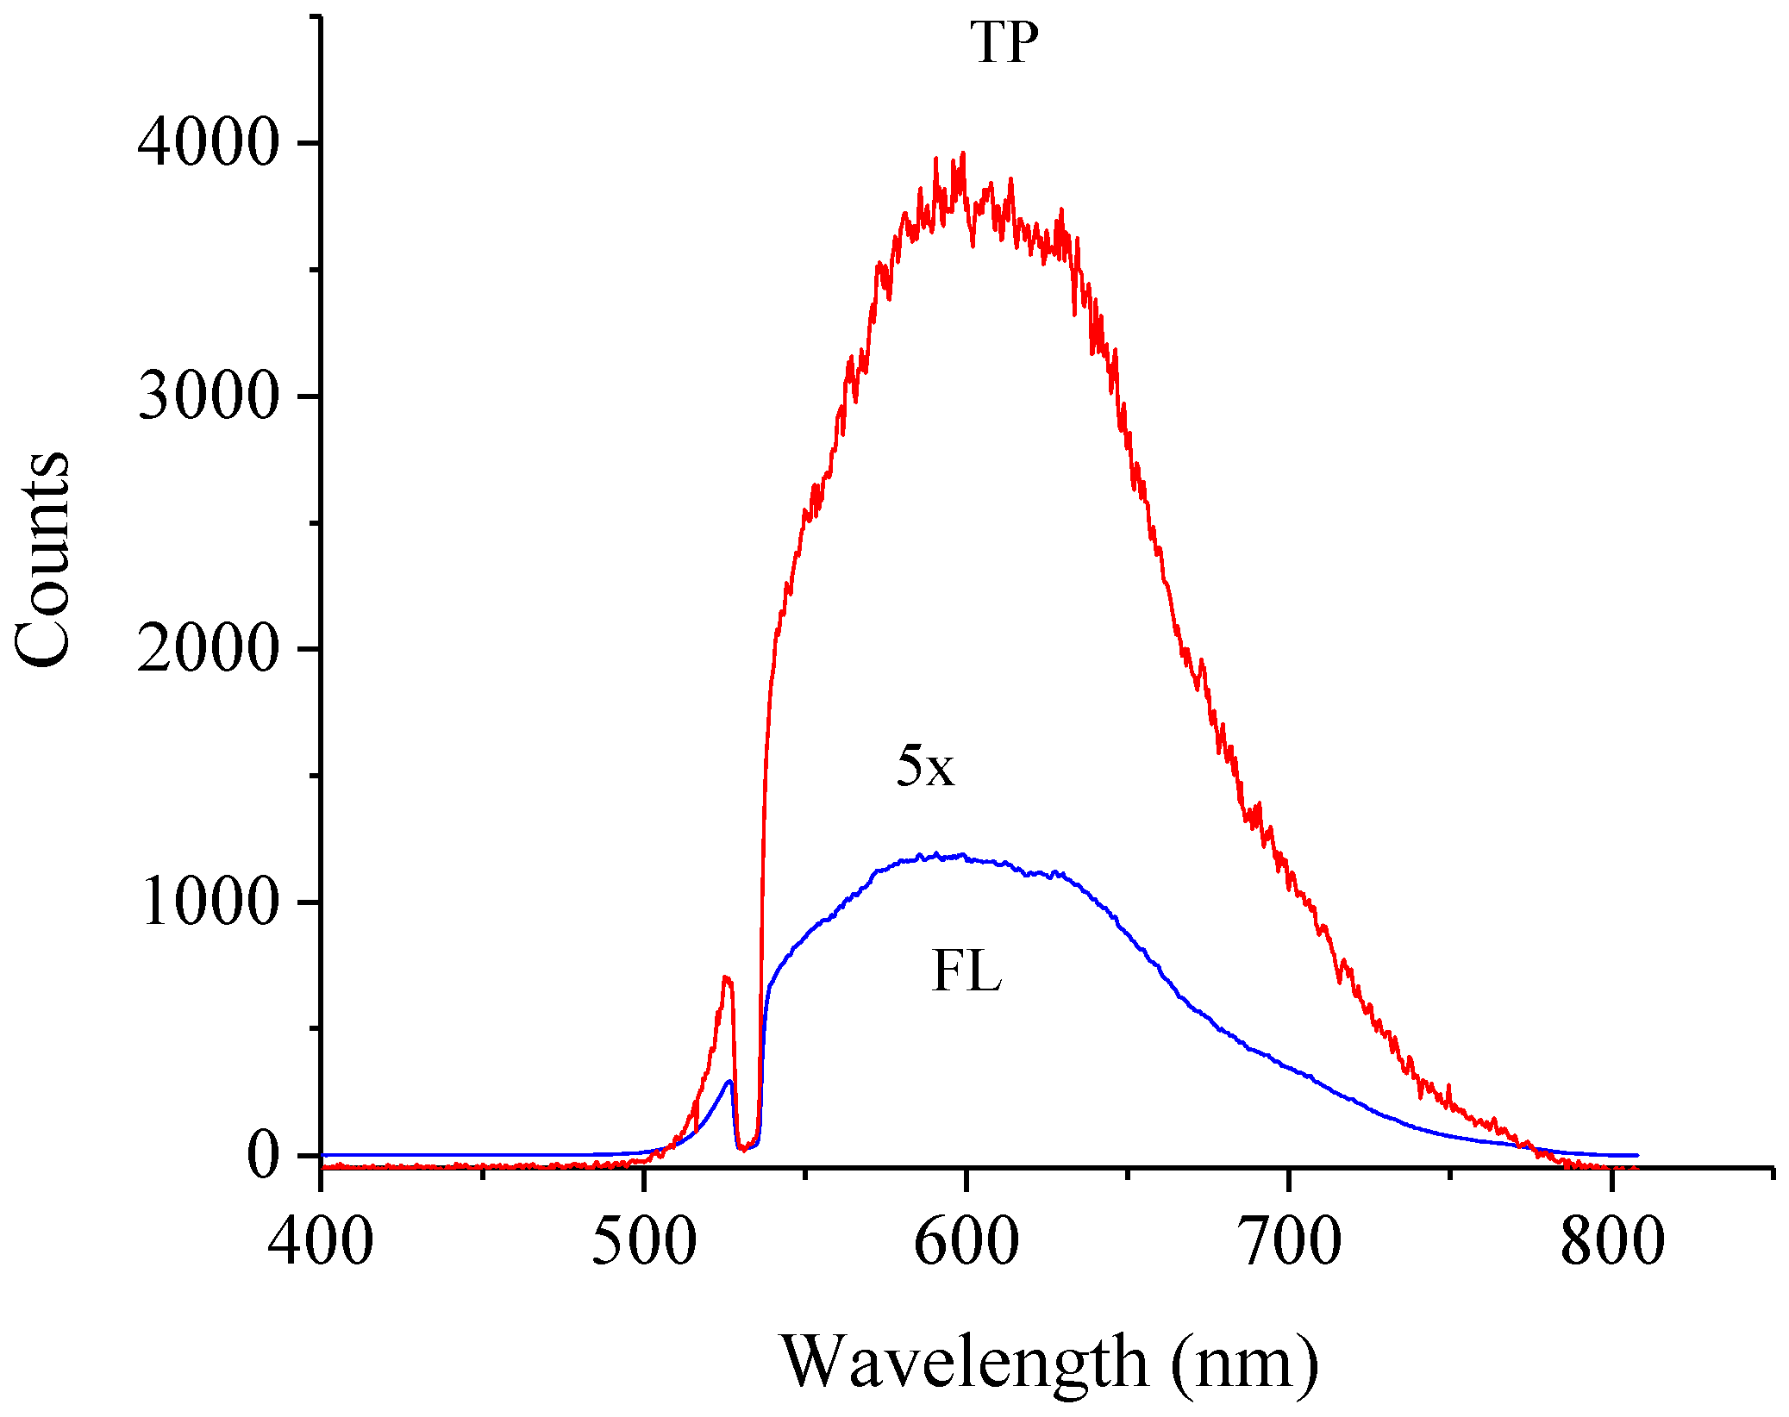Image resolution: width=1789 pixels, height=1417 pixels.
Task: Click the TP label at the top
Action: coord(1004,42)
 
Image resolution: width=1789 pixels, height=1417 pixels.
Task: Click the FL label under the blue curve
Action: coord(966,971)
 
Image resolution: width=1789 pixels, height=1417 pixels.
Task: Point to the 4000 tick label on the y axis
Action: coord(209,142)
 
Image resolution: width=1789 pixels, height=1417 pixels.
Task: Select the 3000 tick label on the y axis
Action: coord(209,396)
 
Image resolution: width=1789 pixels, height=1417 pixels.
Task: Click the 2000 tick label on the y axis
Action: coord(209,648)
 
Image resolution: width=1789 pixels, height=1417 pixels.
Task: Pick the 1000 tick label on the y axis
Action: coord(209,902)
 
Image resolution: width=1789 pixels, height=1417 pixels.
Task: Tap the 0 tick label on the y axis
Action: coord(264,1154)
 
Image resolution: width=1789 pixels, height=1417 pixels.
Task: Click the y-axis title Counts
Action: coord(43,560)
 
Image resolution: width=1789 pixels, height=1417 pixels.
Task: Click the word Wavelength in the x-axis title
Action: coord(966,1363)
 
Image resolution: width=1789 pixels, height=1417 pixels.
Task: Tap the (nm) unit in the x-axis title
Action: coord(1245,1363)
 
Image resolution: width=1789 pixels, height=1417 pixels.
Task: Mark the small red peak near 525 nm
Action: coord(727,978)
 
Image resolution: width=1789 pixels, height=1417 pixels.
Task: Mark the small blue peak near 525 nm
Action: coord(729,1082)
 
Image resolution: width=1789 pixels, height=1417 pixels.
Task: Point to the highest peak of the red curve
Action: coord(962,153)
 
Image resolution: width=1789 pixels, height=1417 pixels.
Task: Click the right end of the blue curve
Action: coord(1636,1155)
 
